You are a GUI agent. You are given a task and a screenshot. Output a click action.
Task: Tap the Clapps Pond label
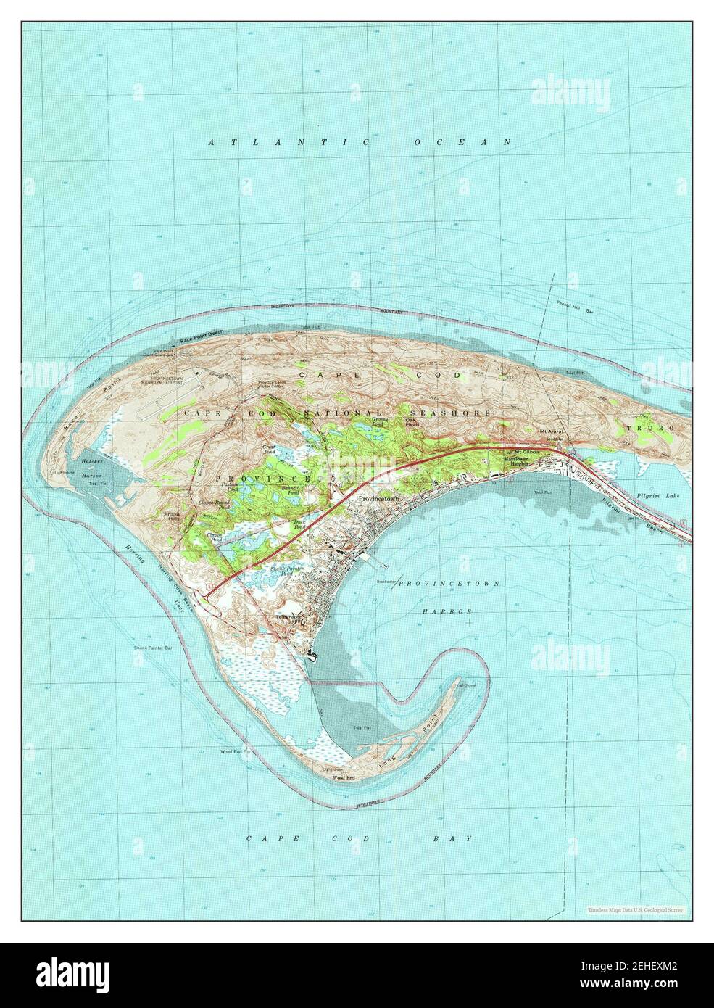pyautogui.click(x=214, y=537)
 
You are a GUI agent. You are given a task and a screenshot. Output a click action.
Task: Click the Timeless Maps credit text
pyautogui.click(x=634, y=909)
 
